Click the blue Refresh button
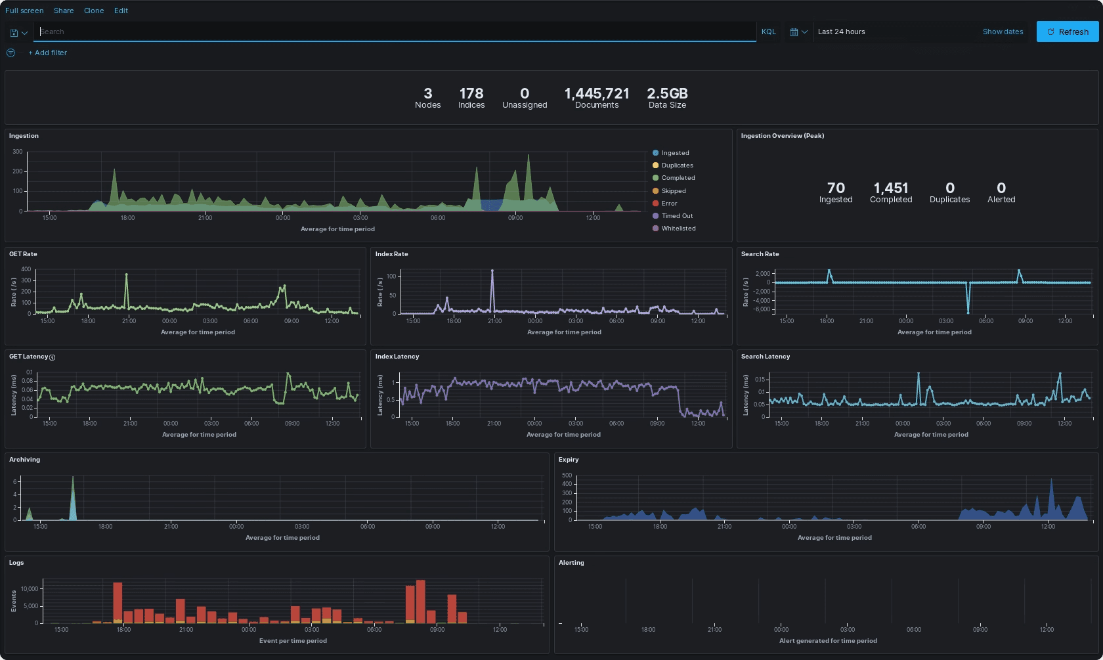pyautogui.click(x=1067, y=32)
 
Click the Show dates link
pyautogui.click(x=1003, y=32)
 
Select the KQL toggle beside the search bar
pyautogui.click(x=768, y=32)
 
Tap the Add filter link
pyautogui.click(x=47, y=53)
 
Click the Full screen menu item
pyautogui.click(x=24, y=11)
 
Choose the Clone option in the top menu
pyautogui.click(x=94, y=11)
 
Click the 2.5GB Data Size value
pyautogui.click(x=667, y=94)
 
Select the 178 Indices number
pyautogui.click(x=471, y=94)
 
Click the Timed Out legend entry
pyautogui.click(x=677, y=216)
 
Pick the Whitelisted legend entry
pyautogui.click(x=678, y=229)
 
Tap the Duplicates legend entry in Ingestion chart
pyautogui.click(x=677, y=165)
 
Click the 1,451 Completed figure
pyautogui.click(x=891, y=188)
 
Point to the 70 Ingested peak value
pyautogui.click(x=836, y=188)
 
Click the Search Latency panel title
pyautogui.click(x=766, y=357)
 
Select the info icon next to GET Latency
pyautogui.click(x=53, y=357)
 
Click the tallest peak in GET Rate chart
pyautogui.click(x=127, y=275)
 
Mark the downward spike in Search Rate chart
pyautogui.click(x=968, y=310)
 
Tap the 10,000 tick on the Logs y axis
pyautogui.click(x=30, y=589)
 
